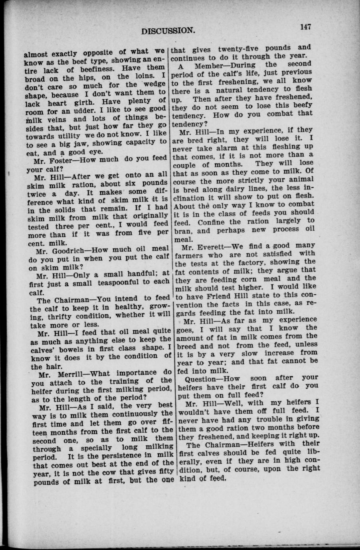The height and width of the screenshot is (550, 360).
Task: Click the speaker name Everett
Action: point(211,246)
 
